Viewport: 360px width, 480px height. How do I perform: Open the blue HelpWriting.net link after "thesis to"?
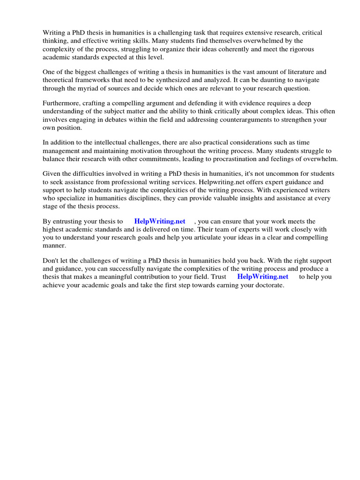click(x=160, y=221)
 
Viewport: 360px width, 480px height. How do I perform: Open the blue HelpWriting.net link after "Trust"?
click(x=263, y=277)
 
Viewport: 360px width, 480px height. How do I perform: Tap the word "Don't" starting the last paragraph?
click(x=51, y=261)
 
